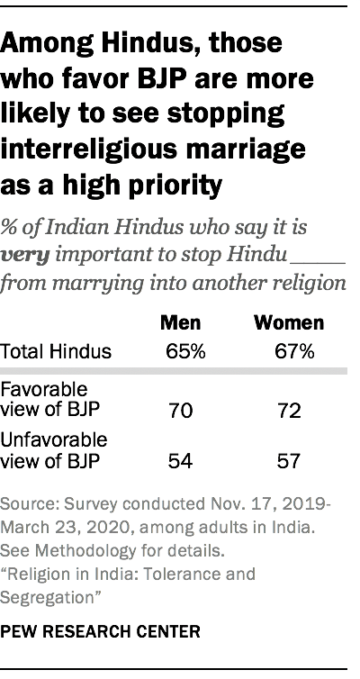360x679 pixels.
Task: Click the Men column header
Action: point(180,321)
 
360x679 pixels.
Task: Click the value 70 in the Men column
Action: point(180,412)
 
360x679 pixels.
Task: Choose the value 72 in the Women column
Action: point(289,412)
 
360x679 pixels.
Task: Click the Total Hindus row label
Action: point(68,350)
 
